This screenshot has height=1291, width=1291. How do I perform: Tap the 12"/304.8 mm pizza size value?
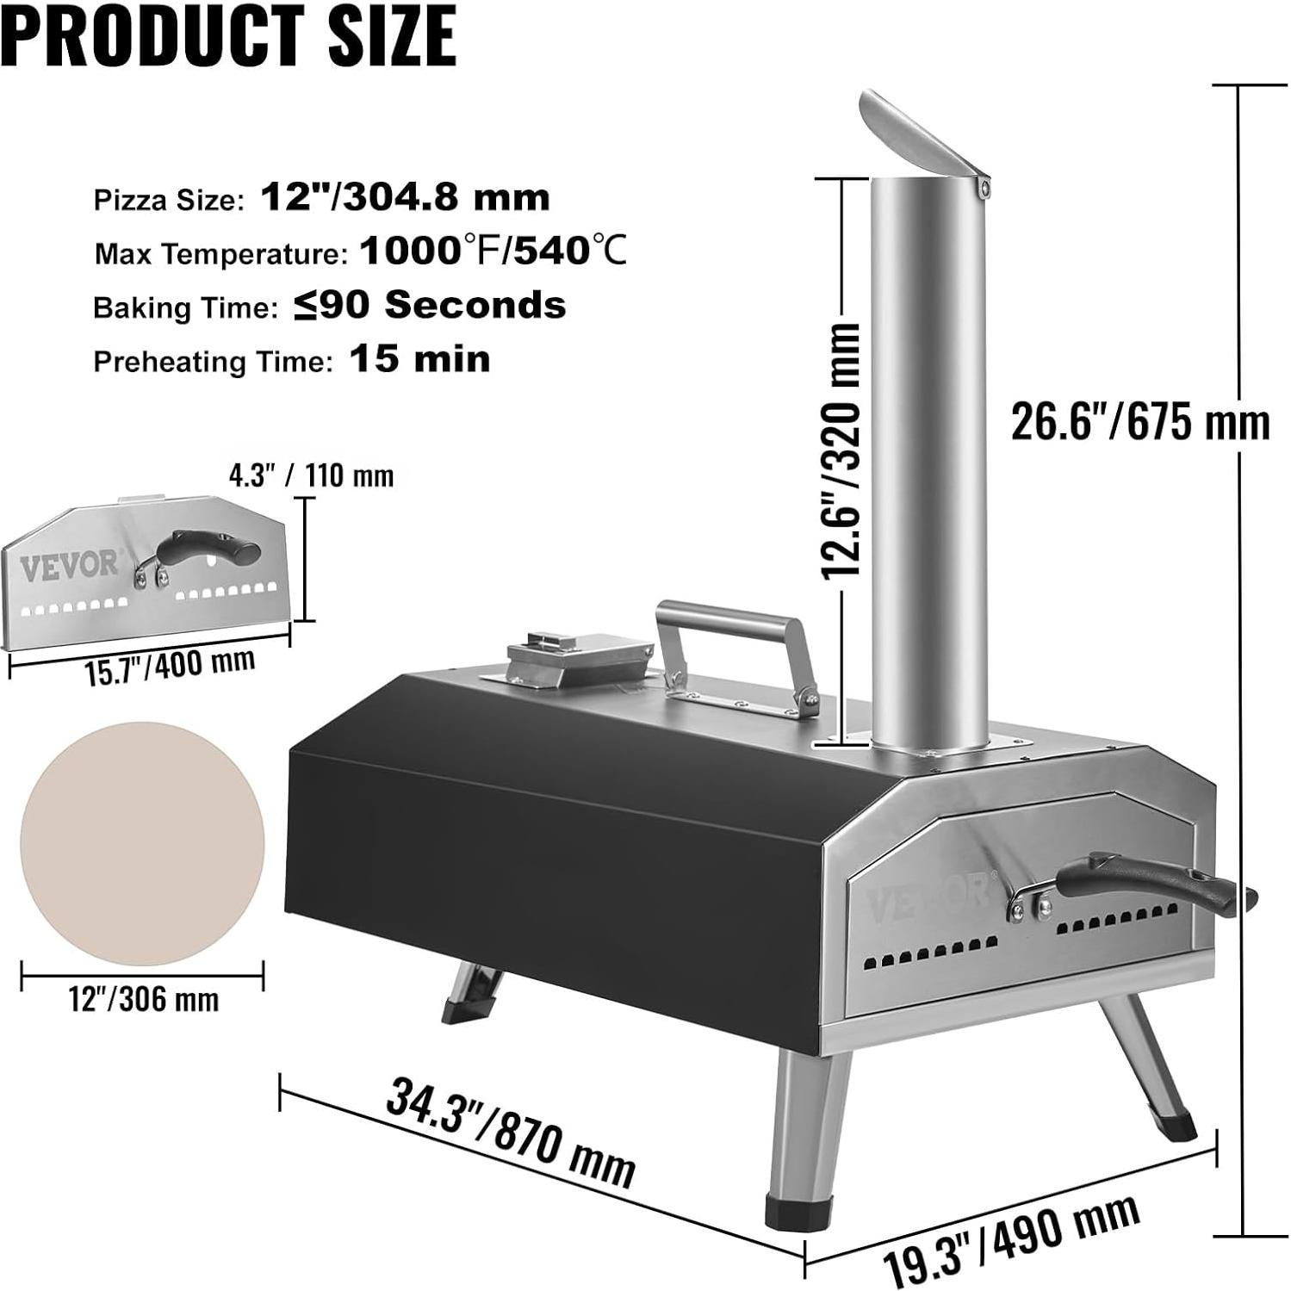[405, 198]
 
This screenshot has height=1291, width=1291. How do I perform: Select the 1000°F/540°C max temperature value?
[493, 251]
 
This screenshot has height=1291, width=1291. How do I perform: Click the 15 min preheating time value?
[419, 359]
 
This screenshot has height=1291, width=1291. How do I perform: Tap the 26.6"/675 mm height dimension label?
[1139, 423]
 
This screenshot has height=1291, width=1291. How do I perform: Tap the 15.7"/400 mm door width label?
[170, 666]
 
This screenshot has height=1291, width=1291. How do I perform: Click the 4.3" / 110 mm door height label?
[311, 475]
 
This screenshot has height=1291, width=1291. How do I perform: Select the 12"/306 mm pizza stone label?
[144, 1000]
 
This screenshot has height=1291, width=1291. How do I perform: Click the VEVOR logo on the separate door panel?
[69, 566]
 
